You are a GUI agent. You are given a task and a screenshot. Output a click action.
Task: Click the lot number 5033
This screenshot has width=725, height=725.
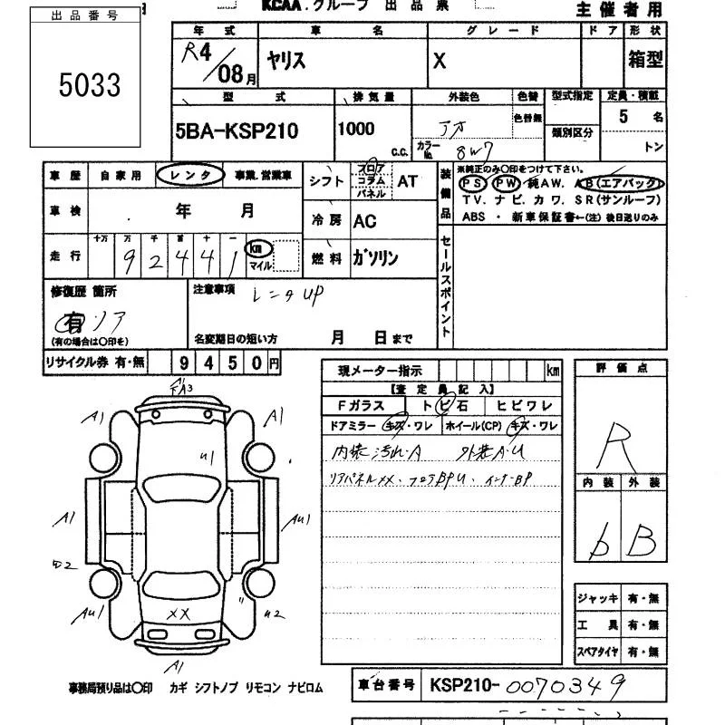90,86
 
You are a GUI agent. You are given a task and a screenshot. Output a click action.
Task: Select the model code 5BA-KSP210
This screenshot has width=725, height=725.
236,131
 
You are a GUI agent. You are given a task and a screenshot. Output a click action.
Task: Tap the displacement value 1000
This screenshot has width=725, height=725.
356,129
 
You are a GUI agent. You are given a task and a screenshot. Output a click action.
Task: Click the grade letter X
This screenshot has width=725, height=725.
440,61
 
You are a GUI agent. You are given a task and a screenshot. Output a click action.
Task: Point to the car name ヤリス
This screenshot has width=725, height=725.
285,61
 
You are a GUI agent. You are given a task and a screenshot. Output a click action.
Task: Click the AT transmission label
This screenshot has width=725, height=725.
408,180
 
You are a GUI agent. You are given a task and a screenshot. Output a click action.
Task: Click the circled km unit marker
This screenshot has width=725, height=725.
260,247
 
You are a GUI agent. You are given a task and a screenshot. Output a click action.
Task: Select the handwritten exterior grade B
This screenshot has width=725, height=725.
642,541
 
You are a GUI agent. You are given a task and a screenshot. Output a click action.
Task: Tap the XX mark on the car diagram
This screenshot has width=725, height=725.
179,614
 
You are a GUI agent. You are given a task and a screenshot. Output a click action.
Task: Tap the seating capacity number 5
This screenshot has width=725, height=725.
623,117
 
